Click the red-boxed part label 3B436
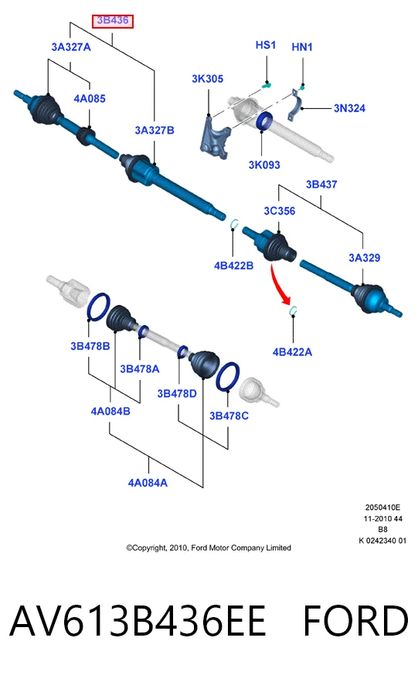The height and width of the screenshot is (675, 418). (113, 21)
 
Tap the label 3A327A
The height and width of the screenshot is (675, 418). (71, 47)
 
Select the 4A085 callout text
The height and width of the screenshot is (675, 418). (90, 99)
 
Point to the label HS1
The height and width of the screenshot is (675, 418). (266, 46)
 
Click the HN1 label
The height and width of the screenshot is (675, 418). (302, 47)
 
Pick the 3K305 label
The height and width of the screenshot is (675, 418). (208, 79)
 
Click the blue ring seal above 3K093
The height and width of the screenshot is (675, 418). (264, 121)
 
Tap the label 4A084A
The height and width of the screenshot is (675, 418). (148, 483)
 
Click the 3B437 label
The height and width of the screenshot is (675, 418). (321, 185)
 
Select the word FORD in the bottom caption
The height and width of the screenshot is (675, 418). (355, 621)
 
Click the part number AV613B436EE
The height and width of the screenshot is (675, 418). (138, 621)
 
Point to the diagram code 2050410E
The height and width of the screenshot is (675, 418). (382, 507)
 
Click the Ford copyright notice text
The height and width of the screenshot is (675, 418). (209, 548)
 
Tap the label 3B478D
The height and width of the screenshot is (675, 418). (177, 393)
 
